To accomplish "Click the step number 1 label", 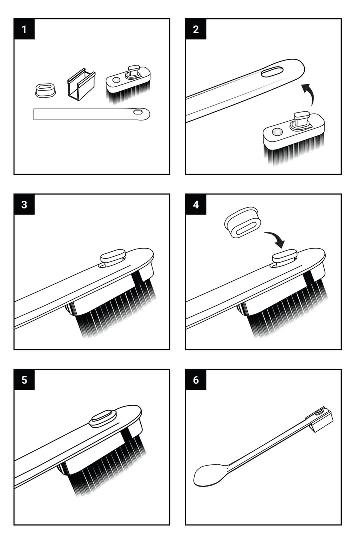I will click(24, 29).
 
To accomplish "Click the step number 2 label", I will click(196, 29).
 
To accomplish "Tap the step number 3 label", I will click(24, 204).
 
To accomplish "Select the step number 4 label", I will click(196, 204).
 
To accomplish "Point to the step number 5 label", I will click(24, 380).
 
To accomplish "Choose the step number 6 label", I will click(196, 380).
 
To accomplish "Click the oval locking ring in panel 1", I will click(45, 90).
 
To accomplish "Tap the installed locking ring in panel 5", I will click(103, 418).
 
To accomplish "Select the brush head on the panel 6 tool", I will click(322, 418).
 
